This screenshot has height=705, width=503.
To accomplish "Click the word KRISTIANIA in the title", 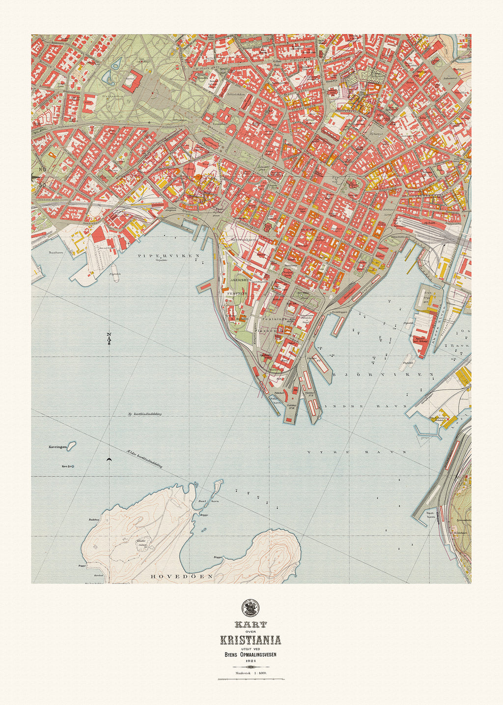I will [251, 640].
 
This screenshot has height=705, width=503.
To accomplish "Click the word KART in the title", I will [251, 624].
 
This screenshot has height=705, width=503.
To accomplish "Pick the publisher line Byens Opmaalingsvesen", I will [251, 654].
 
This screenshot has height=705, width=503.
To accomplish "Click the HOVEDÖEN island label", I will [181, 576].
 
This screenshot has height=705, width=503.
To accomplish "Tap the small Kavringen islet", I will [71, 446].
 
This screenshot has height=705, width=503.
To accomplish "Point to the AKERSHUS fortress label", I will [241, 280].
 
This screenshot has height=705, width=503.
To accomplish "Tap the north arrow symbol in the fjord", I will [109, 338].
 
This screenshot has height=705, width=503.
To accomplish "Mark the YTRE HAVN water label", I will [357, 451].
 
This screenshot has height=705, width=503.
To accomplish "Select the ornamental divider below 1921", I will [251, 679].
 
